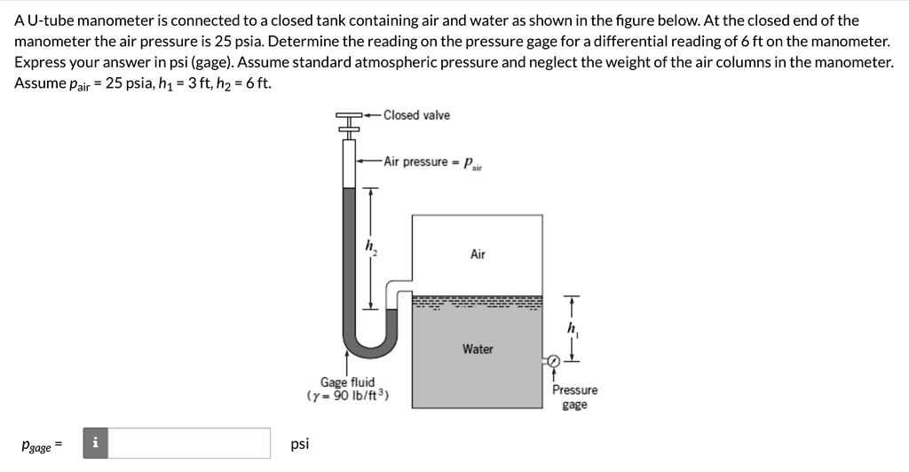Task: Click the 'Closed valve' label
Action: click(x=416, y=115)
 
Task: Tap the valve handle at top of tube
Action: click(x=349, y=116)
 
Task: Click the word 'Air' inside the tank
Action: click(x=478, y=255)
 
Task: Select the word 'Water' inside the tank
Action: click(x=478, y=349)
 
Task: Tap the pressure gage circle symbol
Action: click(x=553, y=361)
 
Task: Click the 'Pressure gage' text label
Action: click(x=574, y=397)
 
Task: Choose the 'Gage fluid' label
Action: click(x=347, y=382)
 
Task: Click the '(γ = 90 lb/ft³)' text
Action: click(x=348, y=396)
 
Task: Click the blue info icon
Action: click(x=95, y=444)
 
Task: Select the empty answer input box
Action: click(x=189, y=444)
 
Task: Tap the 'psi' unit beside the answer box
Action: click(x=300, y=444)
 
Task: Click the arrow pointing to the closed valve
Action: click(x=373, y=115)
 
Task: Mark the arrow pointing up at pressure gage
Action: click(x=554, y=375)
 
